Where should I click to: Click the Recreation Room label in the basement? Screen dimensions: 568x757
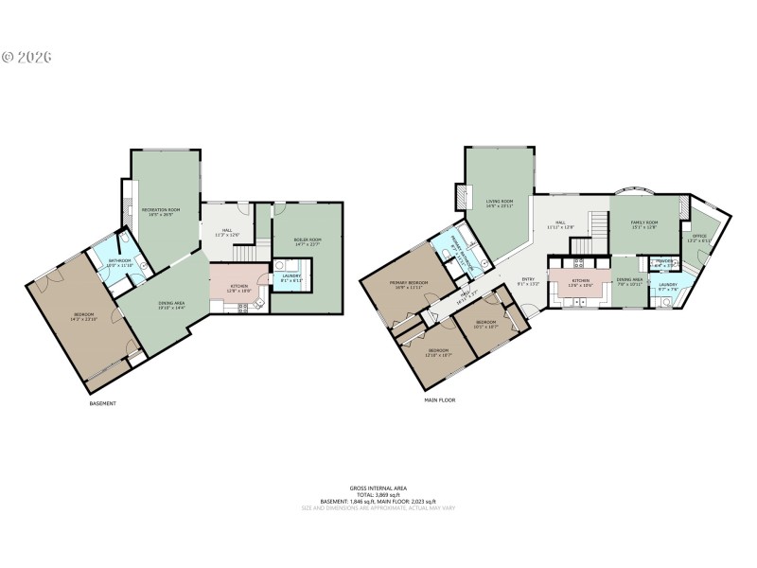click(160, 211)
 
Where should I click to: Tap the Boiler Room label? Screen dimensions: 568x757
click(308, 242)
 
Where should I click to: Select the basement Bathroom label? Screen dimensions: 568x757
click(119, 262)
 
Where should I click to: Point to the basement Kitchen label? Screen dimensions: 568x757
click(238, 288)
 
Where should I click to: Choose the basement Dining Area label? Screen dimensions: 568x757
click(173, 306)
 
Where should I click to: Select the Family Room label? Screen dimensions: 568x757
click(644, 224)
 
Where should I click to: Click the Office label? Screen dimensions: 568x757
click(699, 239)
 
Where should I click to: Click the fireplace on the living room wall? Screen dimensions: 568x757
click(461, 196)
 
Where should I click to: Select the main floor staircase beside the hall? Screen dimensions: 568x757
click(596, 226)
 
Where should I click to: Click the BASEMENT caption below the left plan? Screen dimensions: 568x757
click(101, 404)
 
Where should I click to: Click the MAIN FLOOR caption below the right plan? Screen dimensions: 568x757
click(439, 400)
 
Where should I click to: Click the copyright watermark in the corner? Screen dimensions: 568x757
click(26, 57)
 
